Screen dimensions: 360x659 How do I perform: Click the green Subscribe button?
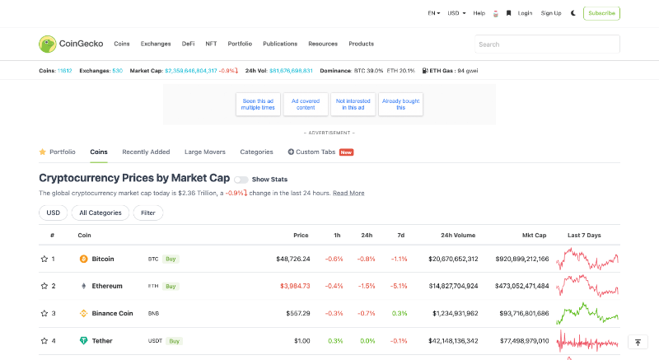tap(601, 13)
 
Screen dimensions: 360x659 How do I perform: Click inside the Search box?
tap(547, 44)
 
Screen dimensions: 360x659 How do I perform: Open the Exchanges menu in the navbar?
tap(156, 44)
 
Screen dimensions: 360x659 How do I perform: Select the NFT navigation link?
tap(211, 44)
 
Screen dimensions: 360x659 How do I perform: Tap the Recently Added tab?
tap(146, 152)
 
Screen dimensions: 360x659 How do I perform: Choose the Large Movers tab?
tap(205, 152)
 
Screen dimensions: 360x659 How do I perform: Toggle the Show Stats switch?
tap(241, 179)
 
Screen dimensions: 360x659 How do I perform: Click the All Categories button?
tap(100, 213)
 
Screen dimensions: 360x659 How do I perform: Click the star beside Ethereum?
tap(44, 286)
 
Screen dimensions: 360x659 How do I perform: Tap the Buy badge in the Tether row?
tap(175, 340)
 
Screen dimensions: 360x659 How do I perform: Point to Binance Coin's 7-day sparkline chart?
tap(587, 313)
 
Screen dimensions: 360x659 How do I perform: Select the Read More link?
tap(348, 193)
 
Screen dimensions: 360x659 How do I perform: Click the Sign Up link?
tap(551, 13)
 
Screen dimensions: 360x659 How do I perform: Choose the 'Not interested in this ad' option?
tap(353, 105)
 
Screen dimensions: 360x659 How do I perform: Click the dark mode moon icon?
tap(573, 13)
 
